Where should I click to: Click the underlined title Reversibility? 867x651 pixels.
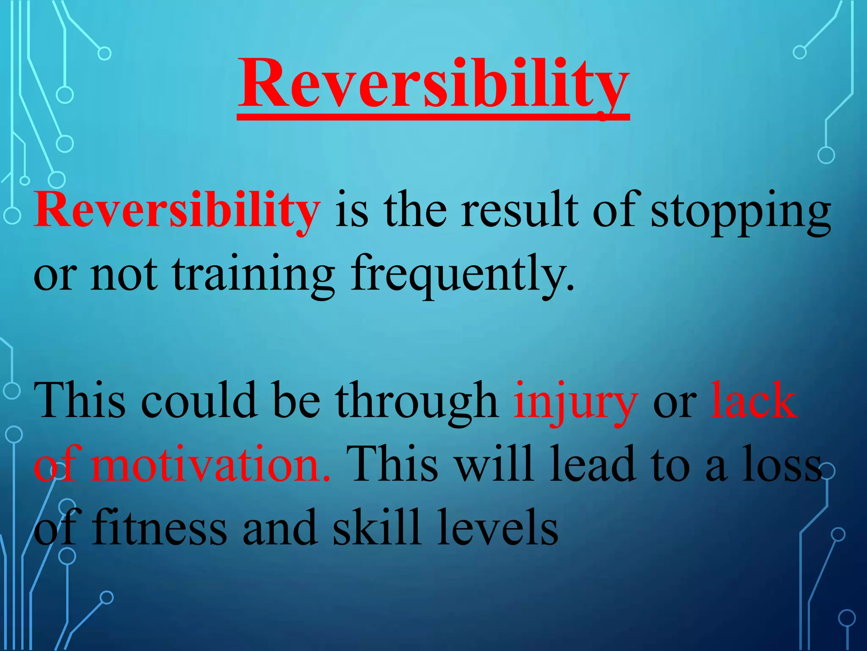point(433,85)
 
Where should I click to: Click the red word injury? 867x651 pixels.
point(575,402)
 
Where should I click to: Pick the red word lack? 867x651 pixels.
point(754,401)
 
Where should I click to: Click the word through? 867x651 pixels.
point(417,402)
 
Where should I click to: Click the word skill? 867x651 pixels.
point(376,528)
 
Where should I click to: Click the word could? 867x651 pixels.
point(199,401)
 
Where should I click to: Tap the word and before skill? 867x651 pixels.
point(280,528)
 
